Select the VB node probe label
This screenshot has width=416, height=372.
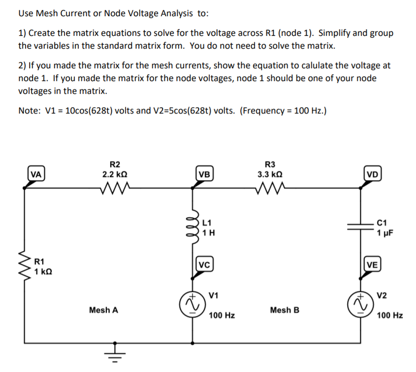(x=204, y=173)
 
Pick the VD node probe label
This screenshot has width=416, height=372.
(x=372, y=173)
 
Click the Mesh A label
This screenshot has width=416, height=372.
(x=103, y=310)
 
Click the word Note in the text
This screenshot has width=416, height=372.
(x=28, y=111)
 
